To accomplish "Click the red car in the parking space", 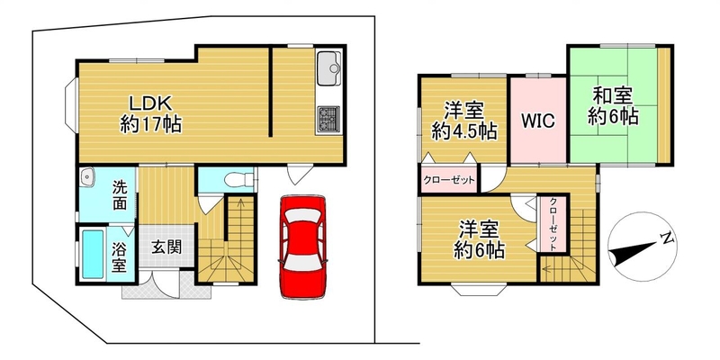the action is click(302, 247).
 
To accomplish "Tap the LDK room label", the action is click(150, 103).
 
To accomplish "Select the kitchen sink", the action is click(328, 68).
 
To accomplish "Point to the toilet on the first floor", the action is click(238, 178).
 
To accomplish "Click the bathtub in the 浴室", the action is click(93, 254).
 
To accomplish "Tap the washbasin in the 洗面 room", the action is click(86, 176).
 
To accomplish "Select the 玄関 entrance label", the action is click(166, 247).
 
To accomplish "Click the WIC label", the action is click(537, 121).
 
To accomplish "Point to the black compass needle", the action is click(633, 253).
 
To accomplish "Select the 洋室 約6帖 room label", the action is click(480, 238).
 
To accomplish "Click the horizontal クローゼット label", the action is click(448, 181).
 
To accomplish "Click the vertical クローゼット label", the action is click(553, 223).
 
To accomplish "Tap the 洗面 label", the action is click(120, 195).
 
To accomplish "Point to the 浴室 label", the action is click(119, 257).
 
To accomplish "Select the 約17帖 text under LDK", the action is click(150, 124).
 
